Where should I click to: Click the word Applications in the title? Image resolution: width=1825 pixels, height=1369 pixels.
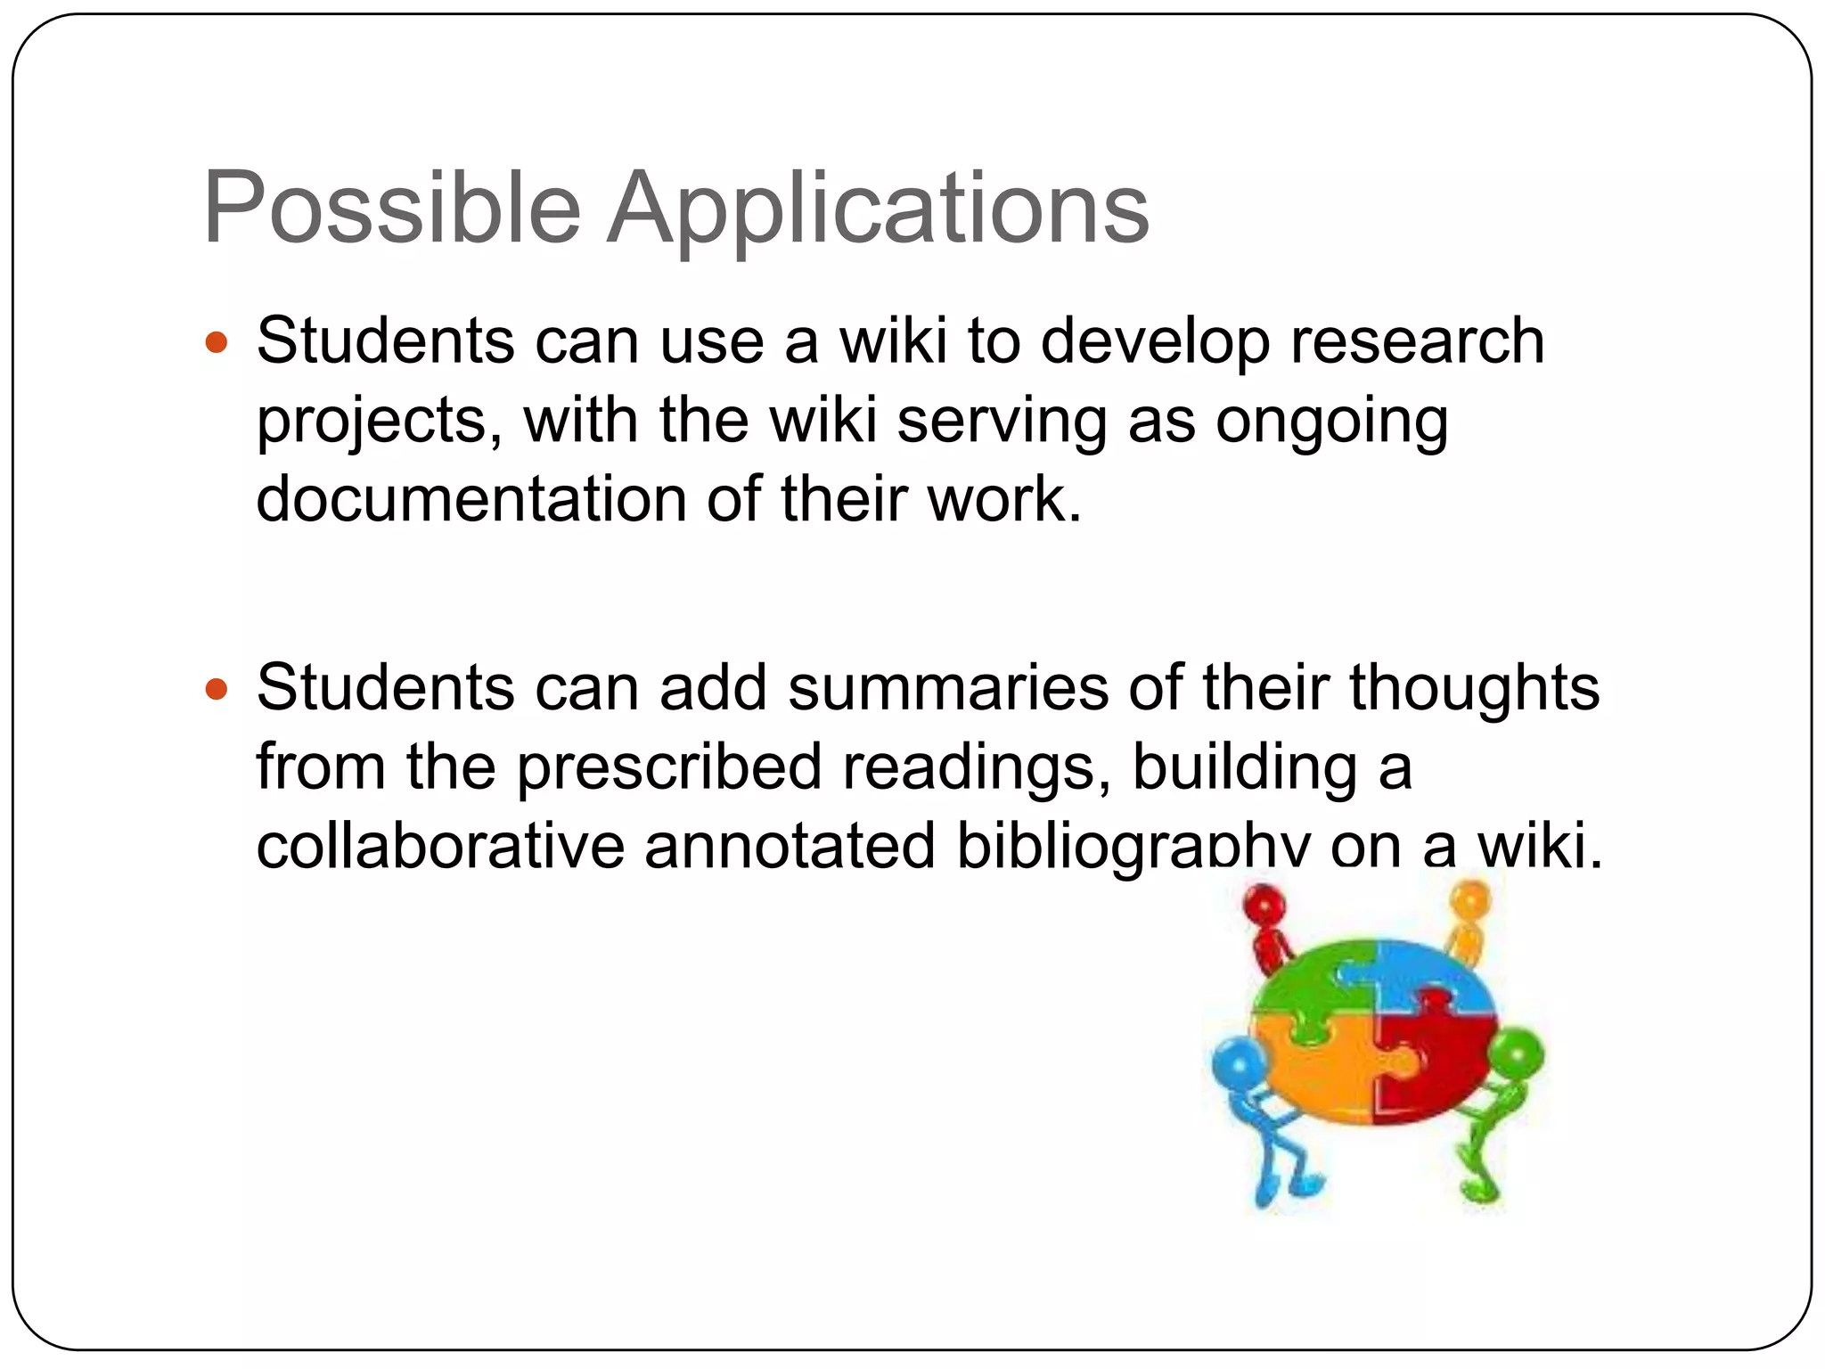(878, 210)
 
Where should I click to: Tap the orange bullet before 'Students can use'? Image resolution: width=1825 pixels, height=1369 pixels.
(217, 341)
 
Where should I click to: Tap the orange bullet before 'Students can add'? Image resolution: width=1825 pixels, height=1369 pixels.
(217, 689)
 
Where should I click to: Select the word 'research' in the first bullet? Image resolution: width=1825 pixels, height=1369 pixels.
(1417, 341)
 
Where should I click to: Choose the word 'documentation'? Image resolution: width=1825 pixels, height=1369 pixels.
(471, 498)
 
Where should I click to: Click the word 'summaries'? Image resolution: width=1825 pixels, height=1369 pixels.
(948, 689)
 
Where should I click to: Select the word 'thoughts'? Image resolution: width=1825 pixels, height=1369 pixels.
(1474, 689)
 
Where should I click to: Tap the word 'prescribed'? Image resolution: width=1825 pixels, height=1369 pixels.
(668, 767)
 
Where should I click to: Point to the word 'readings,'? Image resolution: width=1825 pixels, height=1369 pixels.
(977, 767)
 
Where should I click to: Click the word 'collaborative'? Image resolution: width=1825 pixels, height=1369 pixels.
(440, 846)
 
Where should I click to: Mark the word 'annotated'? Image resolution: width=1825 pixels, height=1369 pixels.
(790, 846)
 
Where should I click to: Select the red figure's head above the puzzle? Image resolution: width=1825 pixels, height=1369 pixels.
(1264, 909)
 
